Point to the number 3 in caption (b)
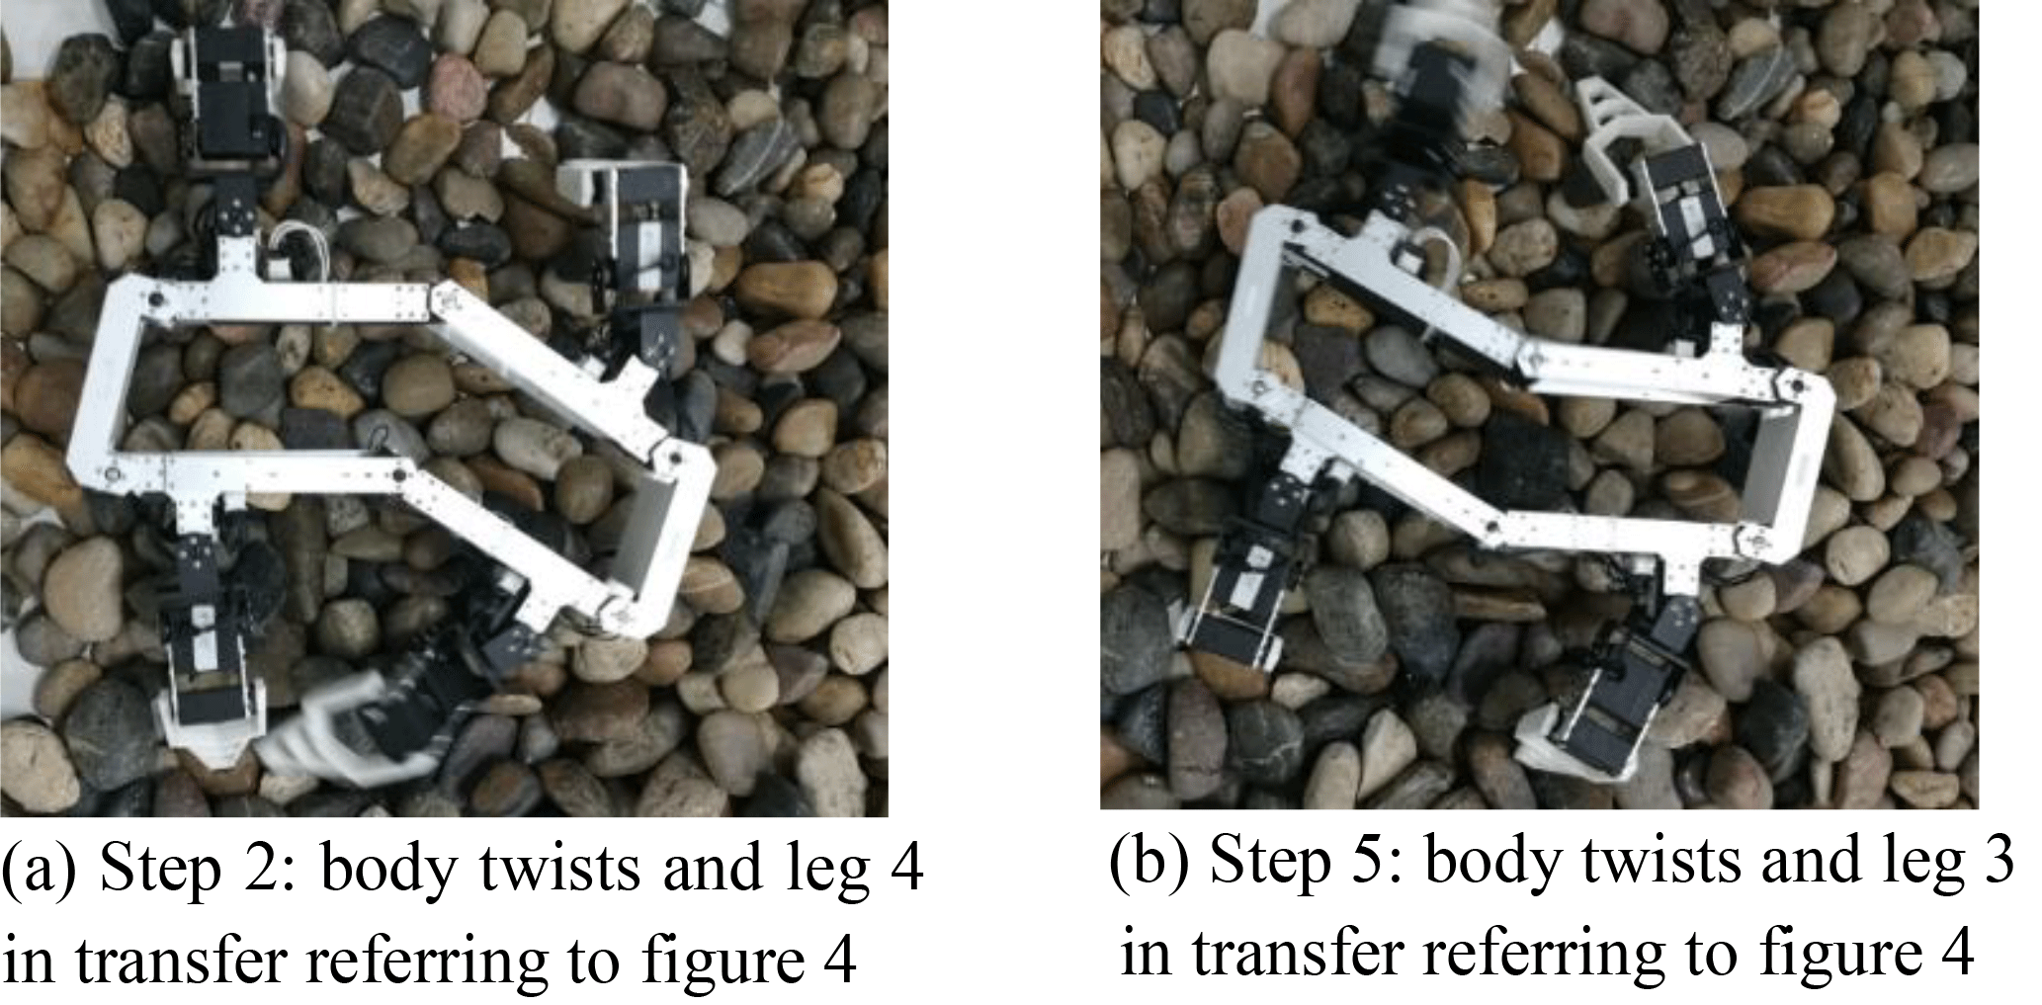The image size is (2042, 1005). (x=1998, y=863)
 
